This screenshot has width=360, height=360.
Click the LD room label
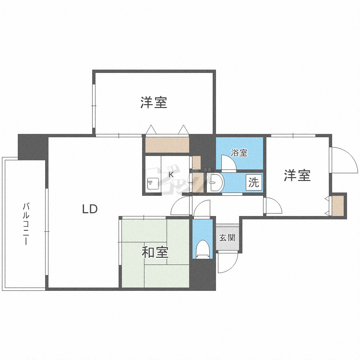tap(90, 209)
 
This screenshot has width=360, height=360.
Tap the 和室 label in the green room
tap(155, 252)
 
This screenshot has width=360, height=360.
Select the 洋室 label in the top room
tap(154, 102)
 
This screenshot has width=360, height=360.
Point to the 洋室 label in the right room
tap(297, 175)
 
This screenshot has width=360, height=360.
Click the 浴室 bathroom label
tap(239, 153)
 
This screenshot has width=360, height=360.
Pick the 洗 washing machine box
tap(253, 182)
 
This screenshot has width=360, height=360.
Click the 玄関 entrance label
tap(227, 238)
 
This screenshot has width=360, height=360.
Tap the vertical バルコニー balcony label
tap(25, 224)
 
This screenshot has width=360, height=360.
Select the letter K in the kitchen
tap(170, 174)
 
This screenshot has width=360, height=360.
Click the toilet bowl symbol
tap(203, 249)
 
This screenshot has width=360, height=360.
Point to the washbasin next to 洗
tap(216, 182)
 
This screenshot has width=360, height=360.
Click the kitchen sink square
tap(153, 184)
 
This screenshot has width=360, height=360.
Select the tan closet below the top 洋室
tap(167, 144)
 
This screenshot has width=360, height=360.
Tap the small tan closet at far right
tap(338, 205)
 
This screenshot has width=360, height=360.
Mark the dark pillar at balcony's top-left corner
tap(33, 146)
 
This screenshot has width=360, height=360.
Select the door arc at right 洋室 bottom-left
tap(274, 206)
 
